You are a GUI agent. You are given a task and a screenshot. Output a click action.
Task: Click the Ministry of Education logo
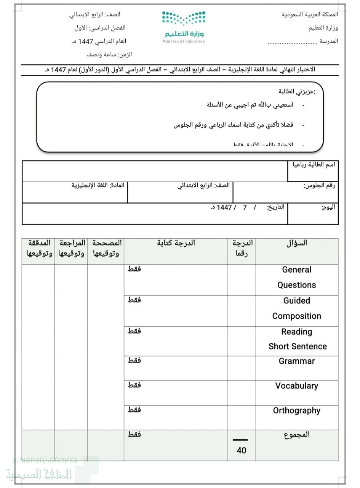click(x=184, y=26)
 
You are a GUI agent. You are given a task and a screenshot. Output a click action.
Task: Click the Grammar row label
click(x=297, y=361)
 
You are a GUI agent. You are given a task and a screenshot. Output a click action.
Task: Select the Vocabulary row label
click(x=297, y=386)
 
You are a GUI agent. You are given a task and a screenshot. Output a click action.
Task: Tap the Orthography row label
click(x=297, y=411)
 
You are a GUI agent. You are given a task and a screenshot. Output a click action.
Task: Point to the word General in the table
click(x=297, y=270)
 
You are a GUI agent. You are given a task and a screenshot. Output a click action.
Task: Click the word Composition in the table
click(x=297, y=316)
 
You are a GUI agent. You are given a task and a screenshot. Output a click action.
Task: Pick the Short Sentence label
click(x=298, y=347)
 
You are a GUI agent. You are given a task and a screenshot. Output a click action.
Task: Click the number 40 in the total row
click(x=242, y=450)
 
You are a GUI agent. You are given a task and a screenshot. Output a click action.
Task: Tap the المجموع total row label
click(x=297, y=435)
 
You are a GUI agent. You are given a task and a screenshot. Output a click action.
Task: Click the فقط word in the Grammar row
click(x=134, y=360)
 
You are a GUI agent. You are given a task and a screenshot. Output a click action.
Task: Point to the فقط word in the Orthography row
click(x=134, y=410)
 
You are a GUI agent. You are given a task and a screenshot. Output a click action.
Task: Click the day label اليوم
click(x=328, y=208)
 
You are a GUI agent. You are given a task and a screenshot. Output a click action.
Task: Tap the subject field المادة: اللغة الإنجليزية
click(x=98, y=186)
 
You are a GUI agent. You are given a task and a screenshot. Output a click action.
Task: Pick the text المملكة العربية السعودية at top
click(x=310, y=14)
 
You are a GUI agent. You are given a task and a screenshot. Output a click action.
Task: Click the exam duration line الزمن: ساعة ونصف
click(x=109, y=55)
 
